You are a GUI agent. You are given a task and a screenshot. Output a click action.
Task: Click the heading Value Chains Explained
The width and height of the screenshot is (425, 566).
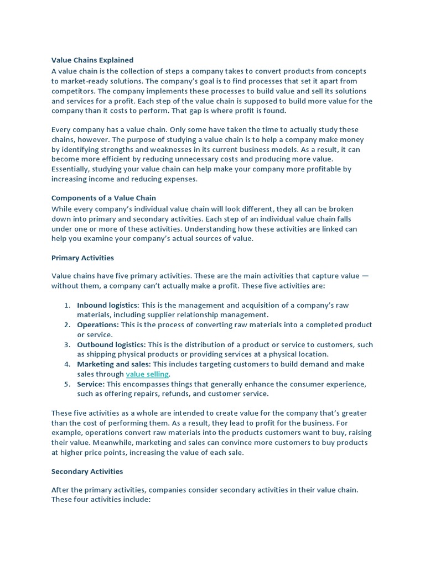point(92,60)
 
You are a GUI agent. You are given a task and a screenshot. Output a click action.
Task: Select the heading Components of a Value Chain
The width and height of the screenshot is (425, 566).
point(103,198)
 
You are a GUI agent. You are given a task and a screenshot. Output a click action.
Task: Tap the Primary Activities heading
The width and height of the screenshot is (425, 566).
point(82,258)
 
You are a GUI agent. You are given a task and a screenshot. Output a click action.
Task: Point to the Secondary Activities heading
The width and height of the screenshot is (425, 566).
point(87,471)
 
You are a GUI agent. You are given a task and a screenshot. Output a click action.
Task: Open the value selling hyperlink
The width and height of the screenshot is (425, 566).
point(147,374)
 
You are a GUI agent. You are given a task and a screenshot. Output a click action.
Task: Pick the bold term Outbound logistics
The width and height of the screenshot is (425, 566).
point(111,344)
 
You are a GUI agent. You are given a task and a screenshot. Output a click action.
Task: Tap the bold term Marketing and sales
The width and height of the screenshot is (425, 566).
point(114,364)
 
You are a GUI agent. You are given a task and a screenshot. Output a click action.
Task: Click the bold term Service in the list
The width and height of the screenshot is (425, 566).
point(91,384)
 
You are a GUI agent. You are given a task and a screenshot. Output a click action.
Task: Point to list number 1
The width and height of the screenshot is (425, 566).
point(66,305)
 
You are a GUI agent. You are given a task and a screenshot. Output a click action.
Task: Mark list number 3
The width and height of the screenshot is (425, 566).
point(66,344)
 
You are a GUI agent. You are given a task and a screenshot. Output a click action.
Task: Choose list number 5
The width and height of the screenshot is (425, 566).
point(66,384)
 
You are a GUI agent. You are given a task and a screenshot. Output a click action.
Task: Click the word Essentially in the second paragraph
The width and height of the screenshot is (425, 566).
point(70,169)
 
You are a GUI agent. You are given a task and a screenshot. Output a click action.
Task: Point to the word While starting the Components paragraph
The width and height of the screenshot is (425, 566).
point(61,209)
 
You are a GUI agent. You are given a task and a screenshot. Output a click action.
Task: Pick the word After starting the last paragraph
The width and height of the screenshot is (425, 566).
point(61,490)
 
